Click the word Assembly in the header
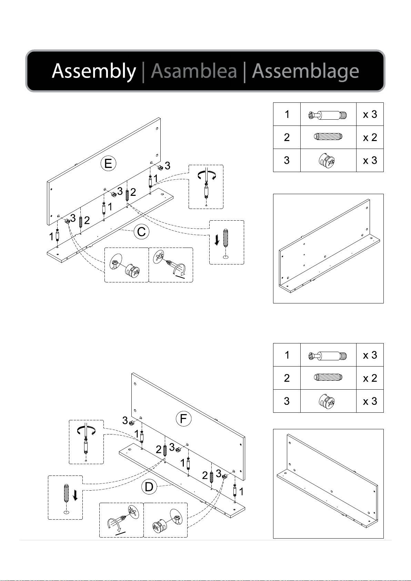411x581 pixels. point(94,71)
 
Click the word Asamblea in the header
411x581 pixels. point(194,71)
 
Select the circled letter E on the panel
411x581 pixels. point(108,163)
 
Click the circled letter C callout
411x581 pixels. point(141,232)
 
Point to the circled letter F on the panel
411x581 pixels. point(183,419)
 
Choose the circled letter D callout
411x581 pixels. point(149,487)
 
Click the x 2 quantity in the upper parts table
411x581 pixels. point(370,138)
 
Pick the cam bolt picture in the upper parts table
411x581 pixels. point(328,115)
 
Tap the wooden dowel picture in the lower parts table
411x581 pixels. point(328,377)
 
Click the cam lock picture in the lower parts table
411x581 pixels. point(327,401)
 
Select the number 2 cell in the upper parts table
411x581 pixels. point(287,137)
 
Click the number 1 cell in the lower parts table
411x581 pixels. point(287,355)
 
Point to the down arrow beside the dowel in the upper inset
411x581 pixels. point(217,240)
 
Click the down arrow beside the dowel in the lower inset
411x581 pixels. point(75,495)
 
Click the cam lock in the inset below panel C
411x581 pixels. point(132,271)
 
